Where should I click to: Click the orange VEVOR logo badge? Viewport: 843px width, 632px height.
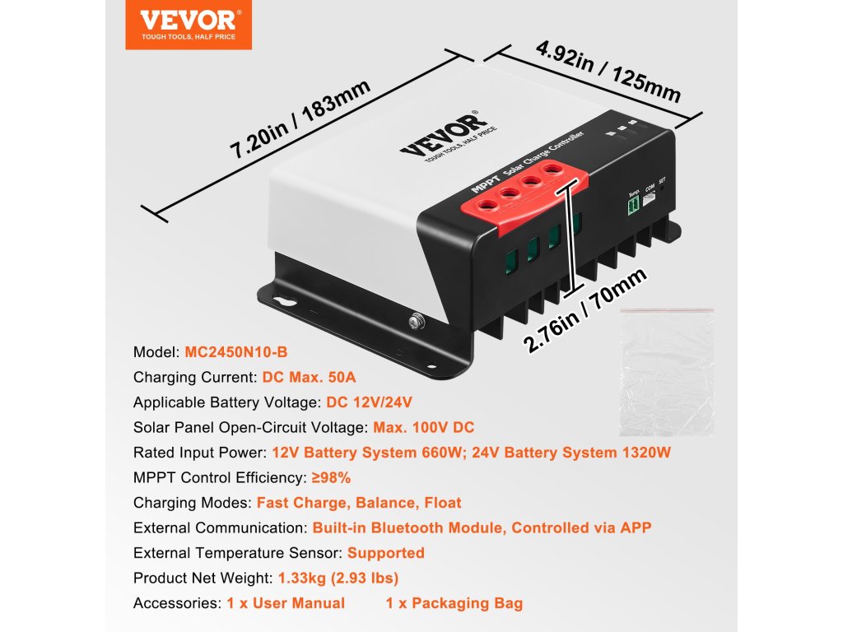[189, 25]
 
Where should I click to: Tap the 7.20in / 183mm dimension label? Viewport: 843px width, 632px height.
[300, 118]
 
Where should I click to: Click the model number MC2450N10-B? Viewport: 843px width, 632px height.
[236, 352]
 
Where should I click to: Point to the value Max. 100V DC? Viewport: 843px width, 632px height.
[423, 428]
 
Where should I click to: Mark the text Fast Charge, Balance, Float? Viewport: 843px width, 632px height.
[359, 503]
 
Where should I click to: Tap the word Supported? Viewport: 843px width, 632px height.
[386, 553]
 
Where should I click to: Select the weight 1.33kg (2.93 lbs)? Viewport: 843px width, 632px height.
[339, 579]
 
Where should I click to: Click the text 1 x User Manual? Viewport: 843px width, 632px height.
[286, 603]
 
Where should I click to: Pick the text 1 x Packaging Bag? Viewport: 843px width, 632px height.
[454, 603]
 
